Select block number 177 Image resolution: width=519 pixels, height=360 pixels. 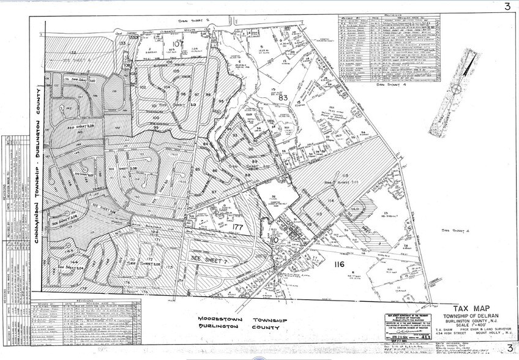(238, 227)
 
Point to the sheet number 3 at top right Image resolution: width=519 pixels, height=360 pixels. (506, 7)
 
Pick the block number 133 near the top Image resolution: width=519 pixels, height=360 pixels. (123, 43)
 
